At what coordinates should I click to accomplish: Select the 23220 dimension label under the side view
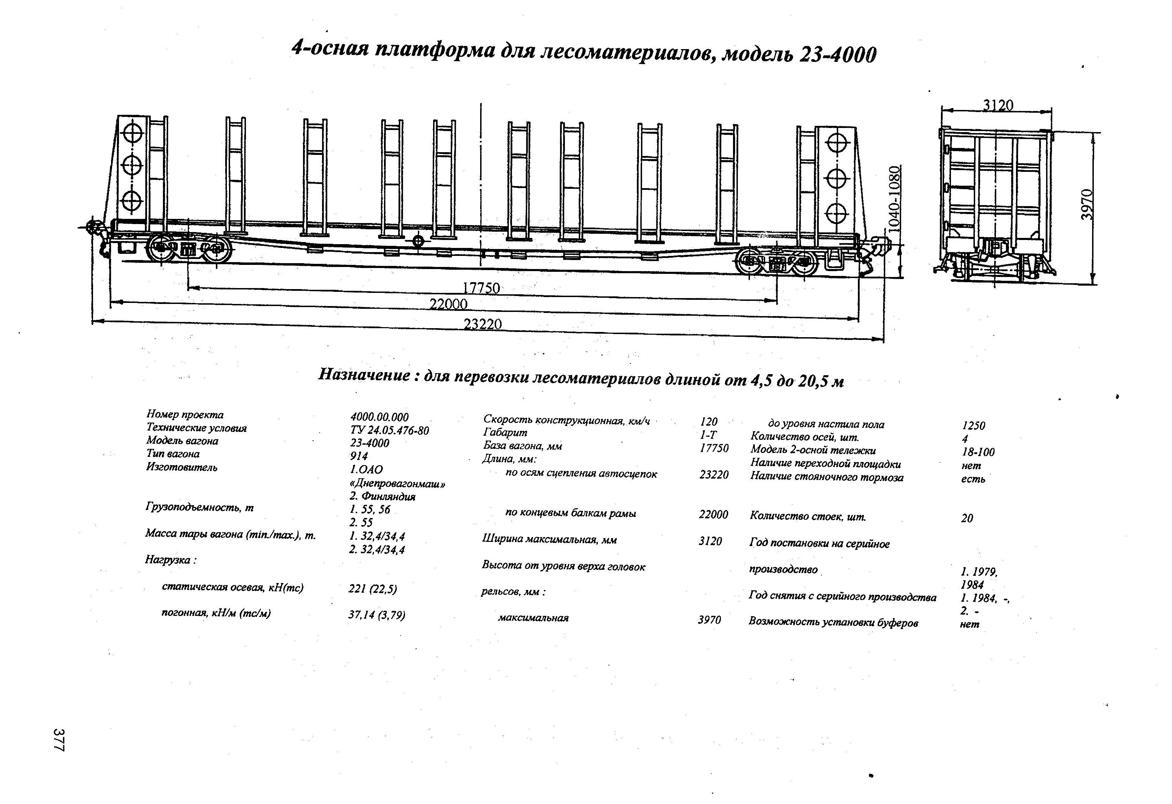point(483,324)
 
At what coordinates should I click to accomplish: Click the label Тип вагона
point(173,454)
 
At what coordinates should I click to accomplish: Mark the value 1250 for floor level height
point(973,425)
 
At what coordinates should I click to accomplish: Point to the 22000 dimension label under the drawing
point(448,304)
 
